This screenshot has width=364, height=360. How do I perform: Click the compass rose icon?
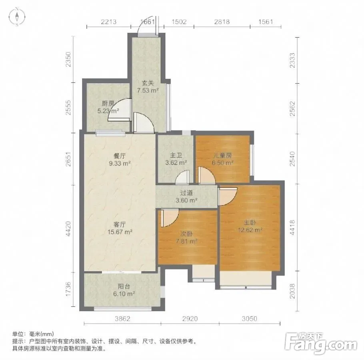click(17, 17)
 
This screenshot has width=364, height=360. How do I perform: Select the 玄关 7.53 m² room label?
click(148, 87)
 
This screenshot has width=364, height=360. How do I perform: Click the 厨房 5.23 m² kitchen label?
click(108, 107)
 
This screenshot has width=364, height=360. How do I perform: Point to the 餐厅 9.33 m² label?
click(120, 160)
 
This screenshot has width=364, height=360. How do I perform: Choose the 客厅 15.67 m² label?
click(120, 228)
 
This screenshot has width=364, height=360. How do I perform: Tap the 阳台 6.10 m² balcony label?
click(124, 290)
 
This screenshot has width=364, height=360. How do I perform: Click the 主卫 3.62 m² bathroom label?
click(176, 159)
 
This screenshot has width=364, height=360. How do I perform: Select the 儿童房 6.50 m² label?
click(223, 159)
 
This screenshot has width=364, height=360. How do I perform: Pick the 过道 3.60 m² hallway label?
click(186, 196)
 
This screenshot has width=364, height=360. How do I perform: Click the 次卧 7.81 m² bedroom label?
click(187, 238)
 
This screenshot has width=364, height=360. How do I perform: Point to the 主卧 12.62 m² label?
click(250, 226)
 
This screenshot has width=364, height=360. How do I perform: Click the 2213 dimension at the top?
click(109, 22)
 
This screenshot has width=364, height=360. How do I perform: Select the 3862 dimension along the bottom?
click(122, 319)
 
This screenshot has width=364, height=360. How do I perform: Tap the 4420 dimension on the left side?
click(68, 229)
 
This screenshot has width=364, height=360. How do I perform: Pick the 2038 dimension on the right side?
click(292, 291)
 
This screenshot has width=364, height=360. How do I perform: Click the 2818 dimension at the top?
click(222, 22)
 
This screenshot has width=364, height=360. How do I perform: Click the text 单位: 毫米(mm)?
click(33, 334)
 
